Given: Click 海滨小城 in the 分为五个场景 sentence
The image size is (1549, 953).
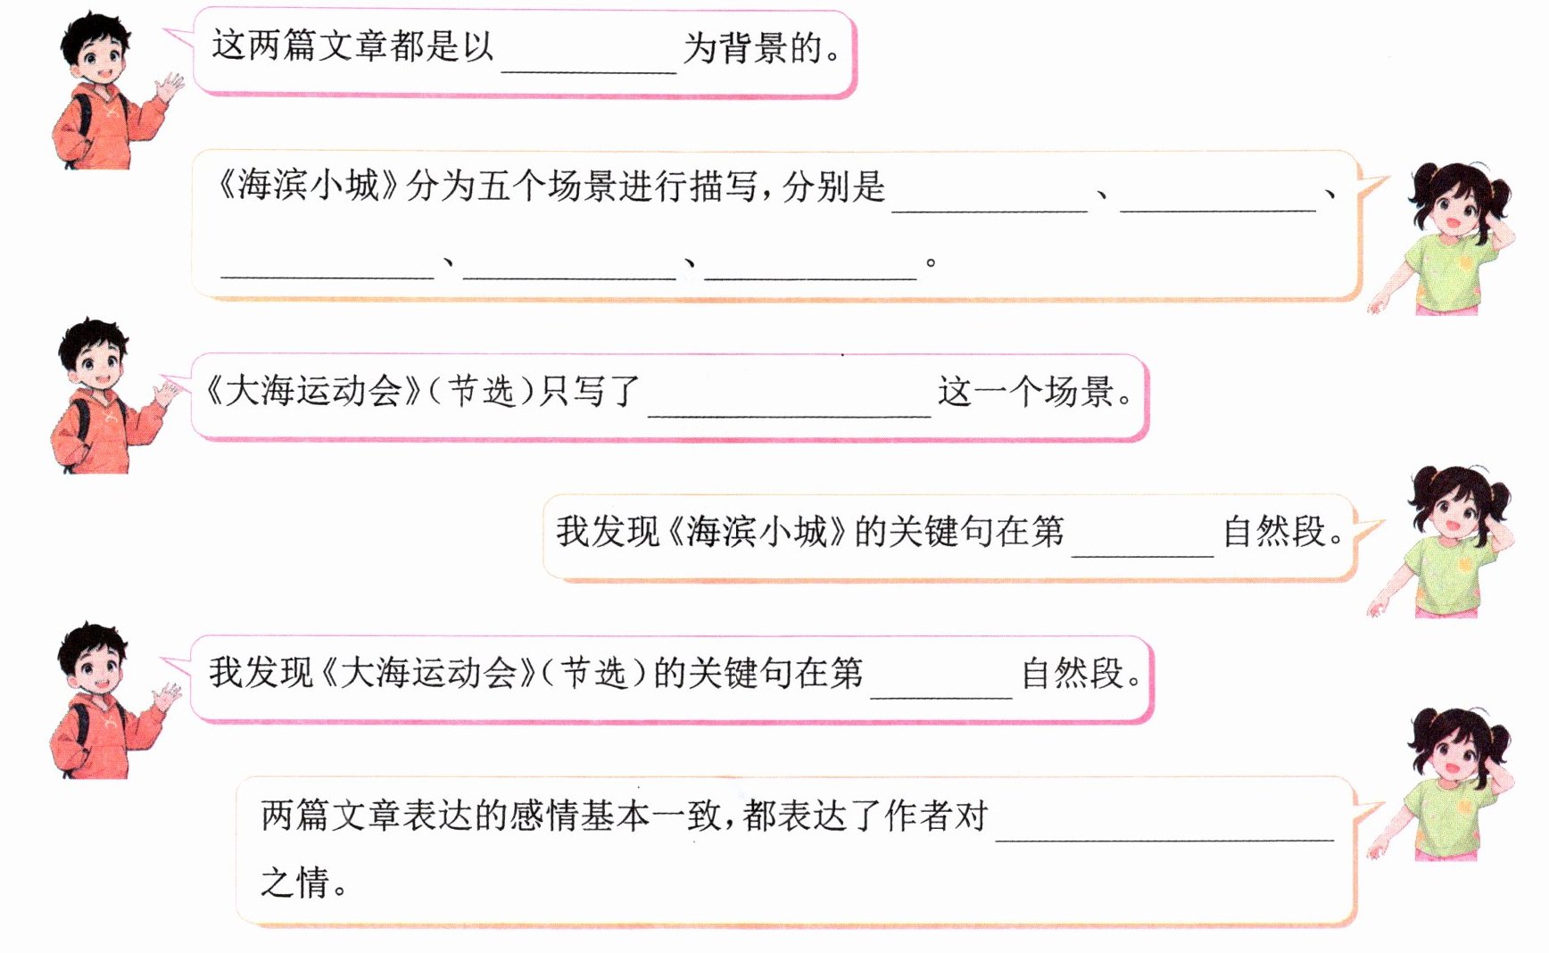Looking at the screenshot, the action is [x=308, y=186].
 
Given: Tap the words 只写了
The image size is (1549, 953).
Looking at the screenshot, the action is [x=591, y=392].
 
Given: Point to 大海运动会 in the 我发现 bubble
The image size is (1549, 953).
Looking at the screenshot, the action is [x=429, y=673].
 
